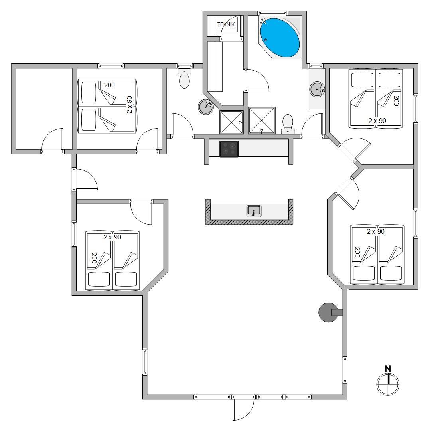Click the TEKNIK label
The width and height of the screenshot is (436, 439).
[x=226, y=24]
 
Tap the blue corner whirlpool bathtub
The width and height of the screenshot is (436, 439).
[x=280, y=38]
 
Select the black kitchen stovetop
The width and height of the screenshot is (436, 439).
[x=229, y=149]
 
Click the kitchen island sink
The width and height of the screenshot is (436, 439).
[x=254, y=211]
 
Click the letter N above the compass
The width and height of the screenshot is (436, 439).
[x=388, y=369]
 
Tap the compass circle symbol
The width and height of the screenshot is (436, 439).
[x=388, y=384]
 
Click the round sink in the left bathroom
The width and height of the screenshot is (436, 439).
[x=206, y=107]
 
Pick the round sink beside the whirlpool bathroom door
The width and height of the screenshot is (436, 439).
[x=317, y=89]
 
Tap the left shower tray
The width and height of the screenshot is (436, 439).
[x=231, y=123]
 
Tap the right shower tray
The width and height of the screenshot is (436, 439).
[x=262, y=121]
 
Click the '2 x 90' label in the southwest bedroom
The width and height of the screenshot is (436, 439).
[x=112, y=237]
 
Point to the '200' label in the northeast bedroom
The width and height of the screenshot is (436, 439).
[x=396, y=101]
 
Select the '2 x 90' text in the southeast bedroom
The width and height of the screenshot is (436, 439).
[x=375, y=231]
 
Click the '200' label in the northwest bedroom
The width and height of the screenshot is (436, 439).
[x=109, y=85]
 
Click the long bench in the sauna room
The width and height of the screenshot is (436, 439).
[x=215, y=67]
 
